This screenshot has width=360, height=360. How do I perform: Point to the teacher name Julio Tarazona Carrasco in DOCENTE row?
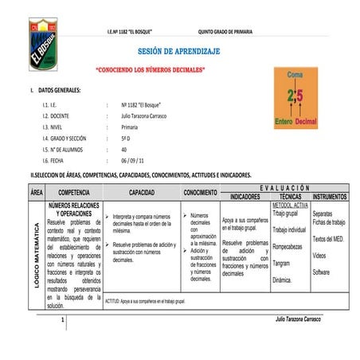click(148, 116)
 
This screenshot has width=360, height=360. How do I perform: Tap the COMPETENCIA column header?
click(73, 193)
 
